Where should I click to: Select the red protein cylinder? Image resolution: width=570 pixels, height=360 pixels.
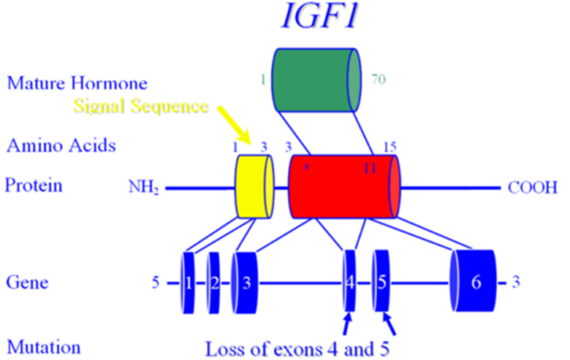click(x=343, y=187)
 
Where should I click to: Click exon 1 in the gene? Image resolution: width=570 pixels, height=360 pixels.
click(x=189, y=283)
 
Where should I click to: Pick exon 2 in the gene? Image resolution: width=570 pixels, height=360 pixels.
click(x=213, y=283)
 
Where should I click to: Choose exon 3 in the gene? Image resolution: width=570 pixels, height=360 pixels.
click(x=245, y=283)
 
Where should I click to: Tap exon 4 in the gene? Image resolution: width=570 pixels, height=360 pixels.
click(x=350, y=283)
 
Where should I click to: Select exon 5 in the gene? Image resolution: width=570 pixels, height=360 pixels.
click(x=381, y=283)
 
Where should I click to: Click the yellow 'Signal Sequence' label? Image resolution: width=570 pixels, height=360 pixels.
click(x=140, y=106)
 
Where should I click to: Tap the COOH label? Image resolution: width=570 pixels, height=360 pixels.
click(x=532, y=188)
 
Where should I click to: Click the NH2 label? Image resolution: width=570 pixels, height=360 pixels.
click(x=143, y=189)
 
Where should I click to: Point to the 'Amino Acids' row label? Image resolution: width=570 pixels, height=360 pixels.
click(x=61, y=145)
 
